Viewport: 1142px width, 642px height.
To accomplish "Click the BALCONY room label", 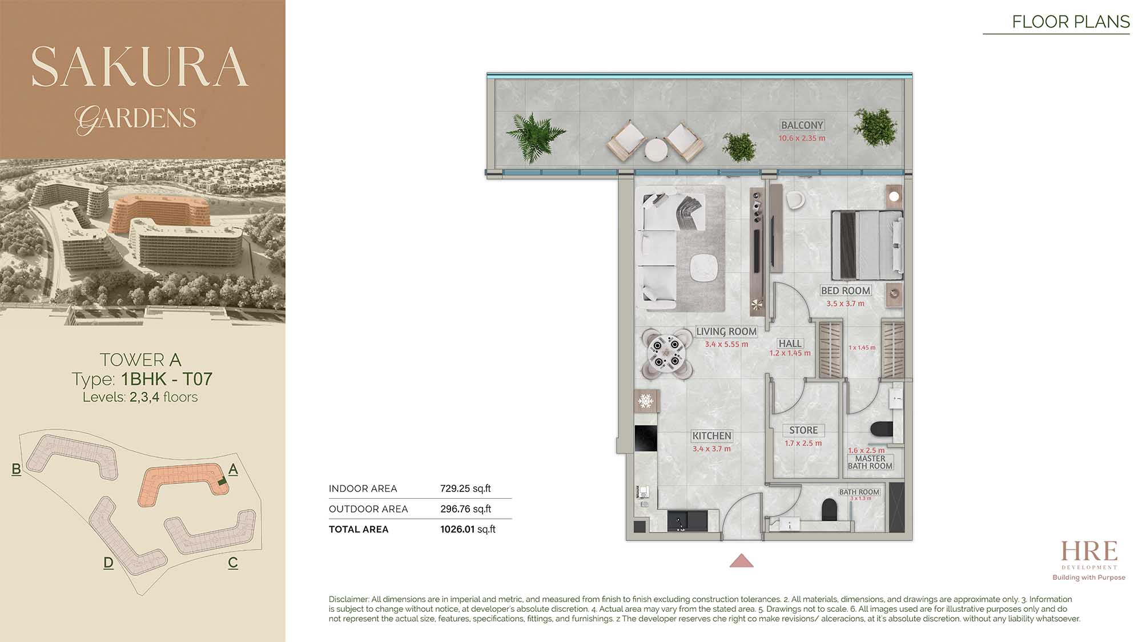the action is click(802, 125).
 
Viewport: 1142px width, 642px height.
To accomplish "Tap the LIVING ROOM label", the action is click(726, 332).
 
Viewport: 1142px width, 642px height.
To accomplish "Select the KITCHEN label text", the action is click(711, 436).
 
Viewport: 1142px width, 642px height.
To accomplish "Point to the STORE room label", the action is click(803, 430).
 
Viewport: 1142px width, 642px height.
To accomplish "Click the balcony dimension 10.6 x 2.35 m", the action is click(802, 138).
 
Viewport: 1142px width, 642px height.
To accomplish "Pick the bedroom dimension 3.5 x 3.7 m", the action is click(846, 304).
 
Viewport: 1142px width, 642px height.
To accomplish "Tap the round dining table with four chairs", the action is click(666, 354).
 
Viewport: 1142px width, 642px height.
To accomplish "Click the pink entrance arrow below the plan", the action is click(741, 560).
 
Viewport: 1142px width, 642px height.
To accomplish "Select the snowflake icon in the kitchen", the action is click(646, 401).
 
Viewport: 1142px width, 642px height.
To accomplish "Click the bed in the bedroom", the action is click(867, 245).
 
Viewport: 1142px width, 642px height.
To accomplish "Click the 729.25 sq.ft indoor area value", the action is click(465, 488).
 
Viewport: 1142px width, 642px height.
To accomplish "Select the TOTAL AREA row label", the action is click(359, 530).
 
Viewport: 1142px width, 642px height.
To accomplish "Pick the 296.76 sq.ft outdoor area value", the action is click(465, 509).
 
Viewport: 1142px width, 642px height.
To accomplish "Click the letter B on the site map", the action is click(16, 469).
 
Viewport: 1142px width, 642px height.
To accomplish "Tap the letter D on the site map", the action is click(108, 563).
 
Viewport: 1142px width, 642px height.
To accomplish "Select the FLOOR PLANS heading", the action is click(1071, 22).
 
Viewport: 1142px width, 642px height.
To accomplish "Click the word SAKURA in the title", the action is click(140, 67).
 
